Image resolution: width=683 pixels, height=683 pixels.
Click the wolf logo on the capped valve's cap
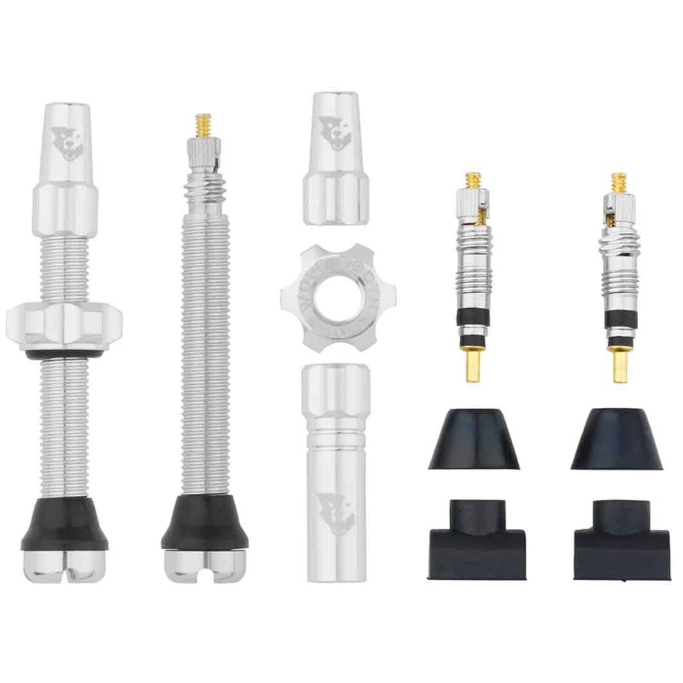pos(67,144)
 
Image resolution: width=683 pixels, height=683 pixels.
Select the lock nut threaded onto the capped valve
pos(64,323)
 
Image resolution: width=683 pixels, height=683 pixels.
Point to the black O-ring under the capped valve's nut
pos(64,353)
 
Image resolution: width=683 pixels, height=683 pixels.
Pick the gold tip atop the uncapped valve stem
pos(204,122)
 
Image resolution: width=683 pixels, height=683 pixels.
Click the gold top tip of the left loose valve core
pos(473,180)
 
